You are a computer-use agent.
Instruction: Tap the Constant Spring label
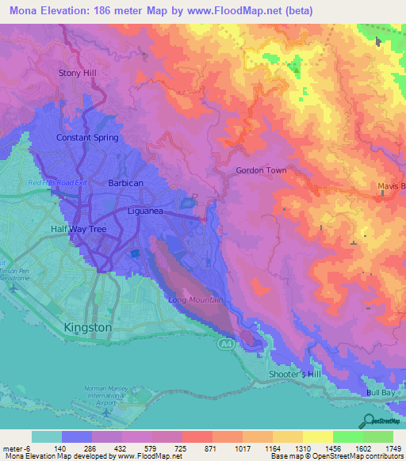87,137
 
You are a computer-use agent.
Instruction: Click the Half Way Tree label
78,230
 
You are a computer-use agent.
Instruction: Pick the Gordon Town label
261,170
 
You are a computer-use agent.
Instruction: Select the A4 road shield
225,345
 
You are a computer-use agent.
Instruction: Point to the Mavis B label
391,187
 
